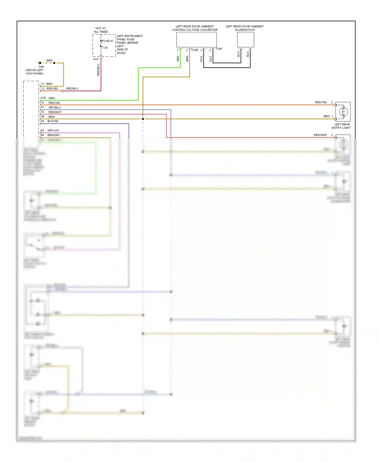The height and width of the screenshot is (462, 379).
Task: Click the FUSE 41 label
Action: pyautogui.click(x=108, y=41)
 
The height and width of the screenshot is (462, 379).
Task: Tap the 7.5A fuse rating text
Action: pyautogui.click(x=105, y=48)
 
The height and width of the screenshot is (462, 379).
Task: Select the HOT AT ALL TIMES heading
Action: pyautogui.click(x=101, y=30)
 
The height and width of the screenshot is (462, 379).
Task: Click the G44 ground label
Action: pyautogui.click(x=41, y=67)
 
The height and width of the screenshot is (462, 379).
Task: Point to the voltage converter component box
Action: pyautogui.click(x=196, y=40)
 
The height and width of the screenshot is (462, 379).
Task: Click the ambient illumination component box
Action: pyautogui.click(x=245, y=40)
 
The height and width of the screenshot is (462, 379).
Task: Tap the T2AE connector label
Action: pyautogui.click(x=195, y=50)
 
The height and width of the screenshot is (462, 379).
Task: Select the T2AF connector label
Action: pyautogui.click(x=219, y=49)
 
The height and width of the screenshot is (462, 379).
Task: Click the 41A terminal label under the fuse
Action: pyautogui.click(x=96, y=59)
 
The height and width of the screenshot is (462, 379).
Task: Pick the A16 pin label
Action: pyautogui.click(x=43, y=98)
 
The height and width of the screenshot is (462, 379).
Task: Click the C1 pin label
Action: pyautogui.click(x=43, y=84)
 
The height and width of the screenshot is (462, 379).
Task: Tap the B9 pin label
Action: pyautogui.click(x=42, y=135)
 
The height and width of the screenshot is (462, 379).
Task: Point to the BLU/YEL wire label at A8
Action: pyautogui.click(x=53, y=121)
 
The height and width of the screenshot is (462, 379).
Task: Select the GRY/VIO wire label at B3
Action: pyautogui.click(x=53, y=130)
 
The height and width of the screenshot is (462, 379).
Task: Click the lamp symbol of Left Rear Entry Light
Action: pyautogui.click(x=343, y=111)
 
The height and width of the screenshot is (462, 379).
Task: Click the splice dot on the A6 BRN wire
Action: pyautogui.click(x=143, y=119)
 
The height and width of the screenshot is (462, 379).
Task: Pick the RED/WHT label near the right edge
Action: pyautogui.click(x=320, y=135)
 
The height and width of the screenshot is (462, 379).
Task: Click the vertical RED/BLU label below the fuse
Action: pyautogui.click(x=98, y=70)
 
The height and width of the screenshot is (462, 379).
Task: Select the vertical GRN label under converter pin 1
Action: pyautogui.click(x=178, y=59)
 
